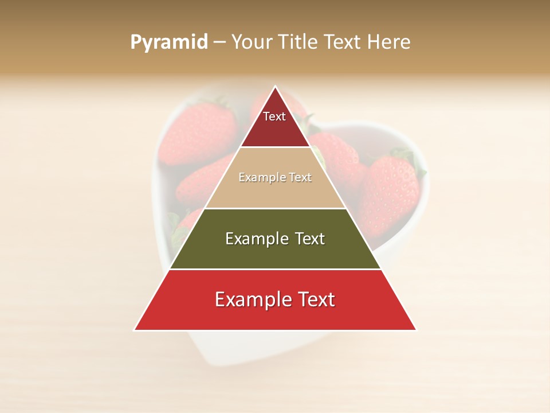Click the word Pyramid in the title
point(169,42)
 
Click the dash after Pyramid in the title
point(219,42)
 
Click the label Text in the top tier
point(274,116)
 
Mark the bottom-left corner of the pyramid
point(135,330)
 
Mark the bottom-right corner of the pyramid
point(416,330)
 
